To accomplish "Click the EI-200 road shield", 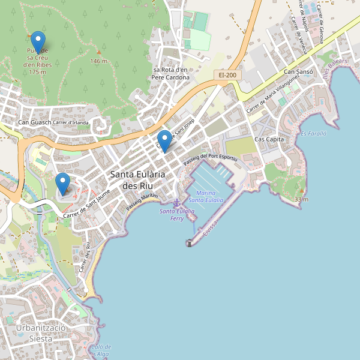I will tap(227, 75).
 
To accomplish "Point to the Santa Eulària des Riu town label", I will tap(137, 180).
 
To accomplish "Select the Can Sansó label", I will tap(299, 72).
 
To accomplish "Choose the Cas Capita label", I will tap(269, 139).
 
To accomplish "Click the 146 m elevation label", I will tap(98, 61).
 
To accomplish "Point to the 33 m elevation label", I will tap(301, 199).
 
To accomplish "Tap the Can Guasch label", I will tap(34, 123).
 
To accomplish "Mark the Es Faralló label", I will tap(313, 134).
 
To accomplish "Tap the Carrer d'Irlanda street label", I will tap(71, 123).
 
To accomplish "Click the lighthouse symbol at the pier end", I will tap(190, 242).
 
